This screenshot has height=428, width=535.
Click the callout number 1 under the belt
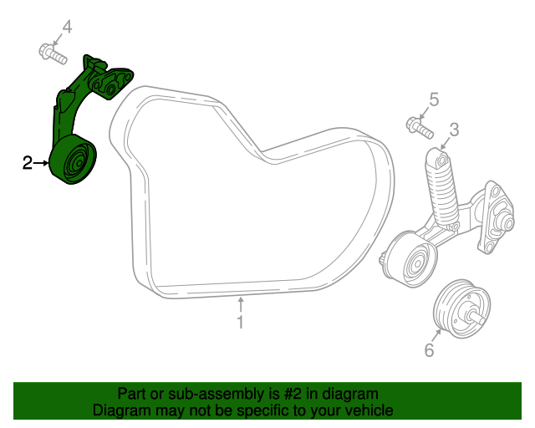pos(240,322)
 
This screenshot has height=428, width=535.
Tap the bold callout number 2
pos(28,163)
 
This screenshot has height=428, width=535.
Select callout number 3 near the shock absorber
pos(454,130)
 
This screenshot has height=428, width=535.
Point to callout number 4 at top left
pos(67,28)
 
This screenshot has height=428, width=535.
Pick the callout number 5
pos(434,100)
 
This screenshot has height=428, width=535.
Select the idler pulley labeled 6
pos(456,308)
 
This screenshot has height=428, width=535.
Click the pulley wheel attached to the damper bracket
pos(409,260)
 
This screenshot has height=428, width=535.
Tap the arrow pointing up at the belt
pos(240,303)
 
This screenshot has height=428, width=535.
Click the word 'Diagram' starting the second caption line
pos(118,410)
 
